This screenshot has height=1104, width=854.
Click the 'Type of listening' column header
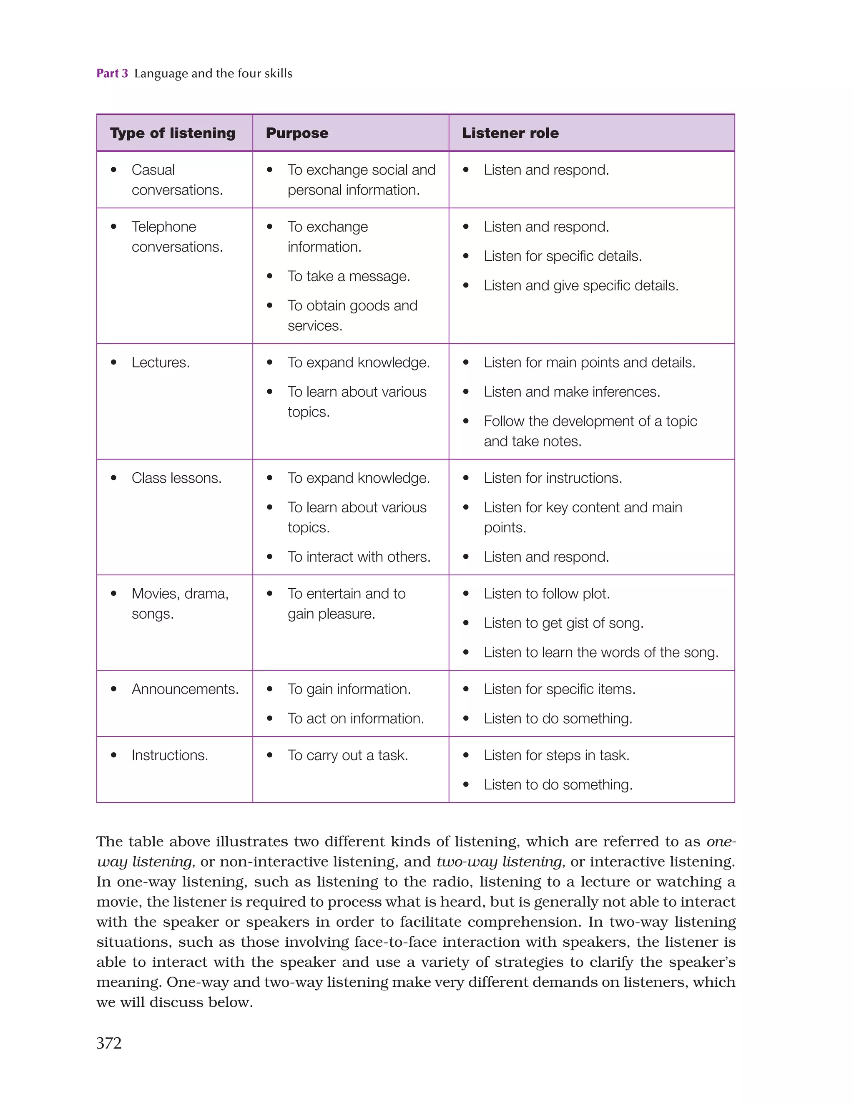tap(172, 133)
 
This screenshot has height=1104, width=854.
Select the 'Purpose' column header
tap(297, 133)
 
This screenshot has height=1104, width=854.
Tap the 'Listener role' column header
tap(510, 133)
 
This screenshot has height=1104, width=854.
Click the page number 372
tap(109, 1043)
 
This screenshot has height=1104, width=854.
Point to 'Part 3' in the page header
tap(112, 73)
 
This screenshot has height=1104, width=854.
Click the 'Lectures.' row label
tap(160, 363)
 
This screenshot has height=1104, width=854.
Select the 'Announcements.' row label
tap(185, 689)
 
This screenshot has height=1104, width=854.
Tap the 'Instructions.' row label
tap(170, 755)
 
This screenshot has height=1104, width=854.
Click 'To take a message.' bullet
tap(349, 276)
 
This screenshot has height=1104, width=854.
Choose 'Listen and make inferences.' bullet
tap(572, 392)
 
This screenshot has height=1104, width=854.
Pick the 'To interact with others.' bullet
tap(359, 557)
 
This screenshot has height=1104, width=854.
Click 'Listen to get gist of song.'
tap(563, 623)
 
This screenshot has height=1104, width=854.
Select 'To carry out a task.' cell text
tap(348, 755)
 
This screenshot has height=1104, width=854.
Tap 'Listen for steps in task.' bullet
tap(556, 755)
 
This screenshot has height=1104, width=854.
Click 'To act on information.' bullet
tap(356, 718)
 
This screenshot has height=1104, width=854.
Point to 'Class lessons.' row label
tap(176, 478)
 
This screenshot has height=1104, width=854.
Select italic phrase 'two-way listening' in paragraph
tap(500, 861)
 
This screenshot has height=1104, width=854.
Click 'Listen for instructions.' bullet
tap(553, 478)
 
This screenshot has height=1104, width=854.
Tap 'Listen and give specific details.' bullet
tap(580, 286)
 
